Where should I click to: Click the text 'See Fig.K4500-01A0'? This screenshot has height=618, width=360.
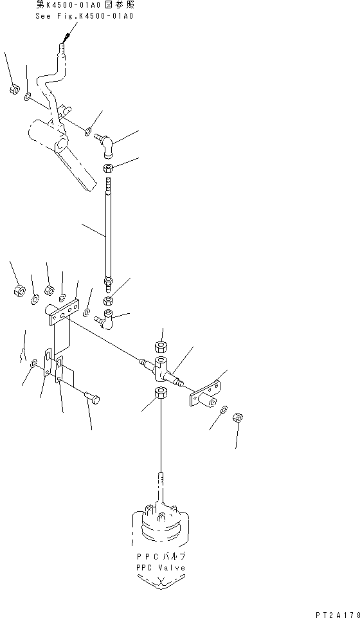coord(84,16)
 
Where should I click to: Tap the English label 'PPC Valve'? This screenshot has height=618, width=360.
coord(160,568)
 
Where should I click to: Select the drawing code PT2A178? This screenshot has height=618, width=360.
coord(337,614)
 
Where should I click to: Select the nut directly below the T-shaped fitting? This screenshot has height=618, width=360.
coord(160,394)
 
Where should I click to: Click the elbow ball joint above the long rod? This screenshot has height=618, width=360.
coord(105,144)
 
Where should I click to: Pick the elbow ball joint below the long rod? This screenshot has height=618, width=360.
coord(105,318)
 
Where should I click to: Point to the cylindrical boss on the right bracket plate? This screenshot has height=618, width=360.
coord(207,402)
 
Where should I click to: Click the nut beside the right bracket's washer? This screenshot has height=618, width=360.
coord(237,417)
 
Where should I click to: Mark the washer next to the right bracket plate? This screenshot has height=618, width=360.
coord(224,410)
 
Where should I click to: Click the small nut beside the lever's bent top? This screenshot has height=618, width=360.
coord(14,89)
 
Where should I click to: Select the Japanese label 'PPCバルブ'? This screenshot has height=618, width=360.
coord(160,556)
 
